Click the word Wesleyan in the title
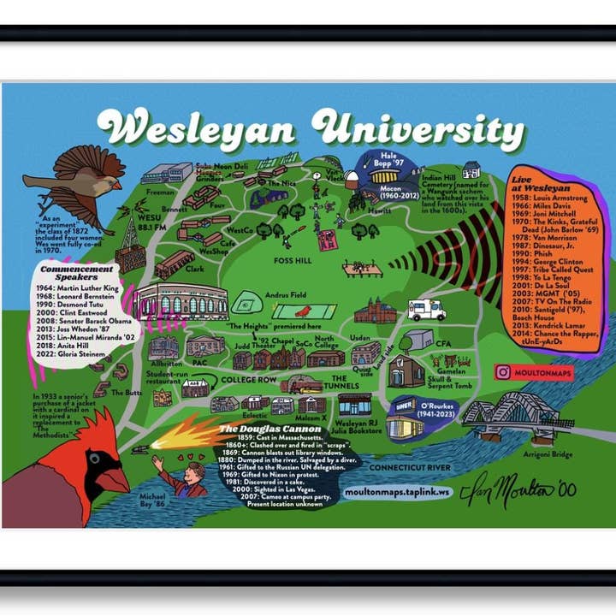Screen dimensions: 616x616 (x=198, y=130)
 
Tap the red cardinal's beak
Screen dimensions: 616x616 (x=114, y=480)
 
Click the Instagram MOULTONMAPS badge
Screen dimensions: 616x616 (x=534, y=372)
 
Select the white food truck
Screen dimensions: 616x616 (x=426, y=310)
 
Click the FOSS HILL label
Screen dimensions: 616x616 (x=294, y=260)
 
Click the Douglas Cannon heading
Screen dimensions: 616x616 (x=269, y=429)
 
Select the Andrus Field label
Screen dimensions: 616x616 (x=286, y=295)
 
